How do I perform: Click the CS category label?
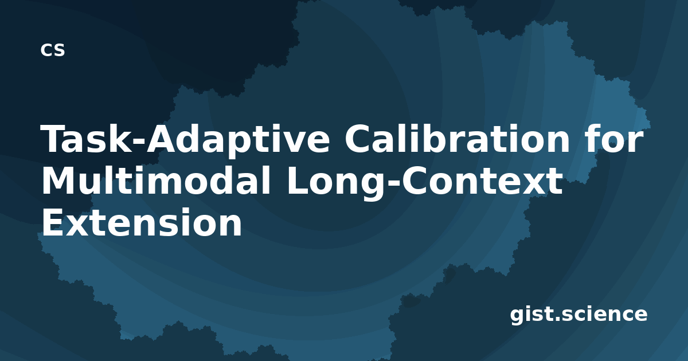pyautogui.click(x=53, y=50)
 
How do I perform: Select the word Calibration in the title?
pyautogui.click(x=458, y=138)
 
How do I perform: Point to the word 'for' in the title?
pyautogui.click(x=614, y=138)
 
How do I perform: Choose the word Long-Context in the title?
pyautogui.click(x=424, y=183)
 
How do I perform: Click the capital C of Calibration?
pyautogui.click(x=358, y=138)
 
